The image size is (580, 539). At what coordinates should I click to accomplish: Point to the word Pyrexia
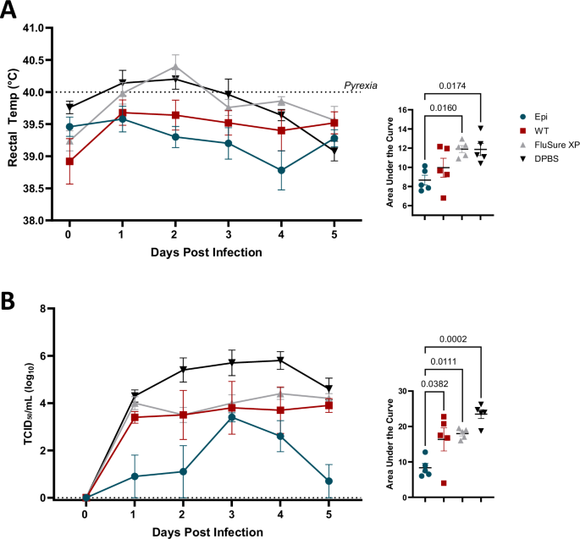[360, 85]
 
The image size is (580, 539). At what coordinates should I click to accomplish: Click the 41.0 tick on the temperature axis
[41, 29]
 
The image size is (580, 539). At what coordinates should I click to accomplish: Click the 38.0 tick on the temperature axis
[41, 220]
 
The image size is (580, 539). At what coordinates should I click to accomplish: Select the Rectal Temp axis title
[14, 124]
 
